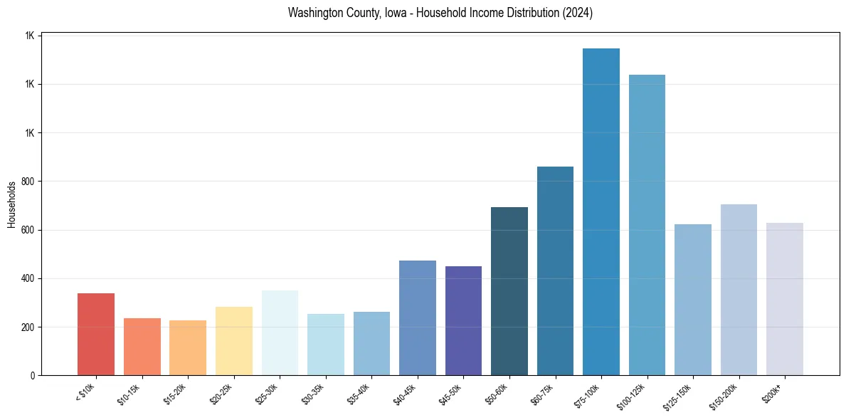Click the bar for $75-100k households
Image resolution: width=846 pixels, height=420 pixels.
601,211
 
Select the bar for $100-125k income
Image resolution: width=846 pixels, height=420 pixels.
647,225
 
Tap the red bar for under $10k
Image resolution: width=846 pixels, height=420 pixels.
96,334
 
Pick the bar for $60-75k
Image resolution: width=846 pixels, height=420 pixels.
555,271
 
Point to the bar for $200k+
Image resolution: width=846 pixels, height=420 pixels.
785,299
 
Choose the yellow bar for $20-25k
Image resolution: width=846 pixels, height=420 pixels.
234,341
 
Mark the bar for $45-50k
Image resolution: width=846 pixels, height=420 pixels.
463,320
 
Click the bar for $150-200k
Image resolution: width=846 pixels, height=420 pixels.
739,290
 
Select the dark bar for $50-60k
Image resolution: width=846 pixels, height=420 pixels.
509,291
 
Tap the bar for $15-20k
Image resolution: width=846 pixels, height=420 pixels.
188,347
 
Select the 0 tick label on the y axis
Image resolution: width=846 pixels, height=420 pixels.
33,376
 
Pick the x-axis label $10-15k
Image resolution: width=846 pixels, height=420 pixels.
137,393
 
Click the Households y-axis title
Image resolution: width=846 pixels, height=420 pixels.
11,205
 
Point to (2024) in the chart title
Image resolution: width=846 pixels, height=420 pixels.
577,13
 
